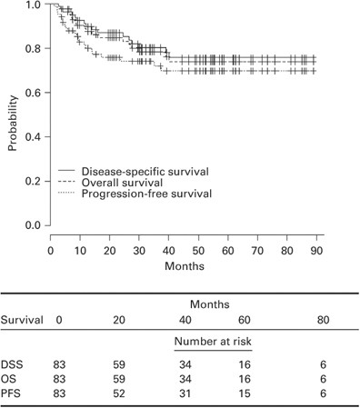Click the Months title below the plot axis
click(x=184, y=267)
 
